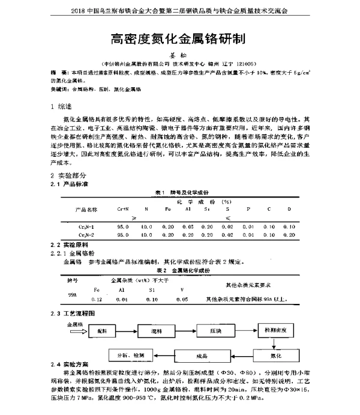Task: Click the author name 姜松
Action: coord(180,55)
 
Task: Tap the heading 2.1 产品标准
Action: coord(69,183)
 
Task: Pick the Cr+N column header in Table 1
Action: coord(123,209)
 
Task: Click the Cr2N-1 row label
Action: coord(84,226)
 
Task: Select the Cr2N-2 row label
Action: coord(84,234)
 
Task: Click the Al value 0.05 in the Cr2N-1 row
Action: coord(187,226)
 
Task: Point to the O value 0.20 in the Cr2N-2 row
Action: coord(290,234)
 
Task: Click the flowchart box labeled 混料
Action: coord(157,332)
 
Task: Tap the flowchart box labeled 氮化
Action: coord(276,356)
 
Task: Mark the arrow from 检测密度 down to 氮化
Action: coord(275,343)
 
